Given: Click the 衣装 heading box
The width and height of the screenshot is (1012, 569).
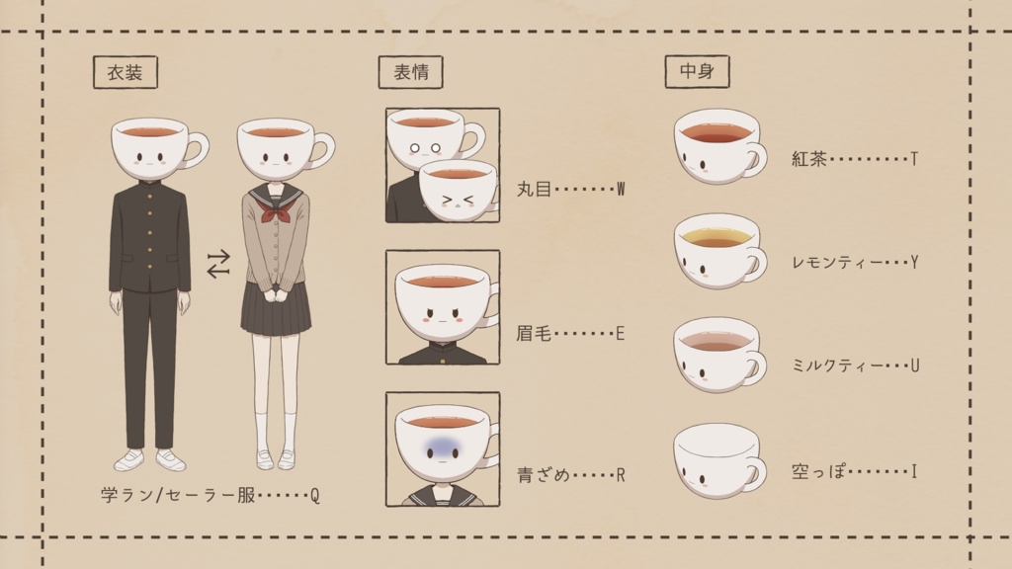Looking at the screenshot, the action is (126, 71).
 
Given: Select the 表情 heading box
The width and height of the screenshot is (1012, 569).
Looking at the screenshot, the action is (410, 71).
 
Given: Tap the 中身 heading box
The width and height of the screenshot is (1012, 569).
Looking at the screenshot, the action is (697, 71).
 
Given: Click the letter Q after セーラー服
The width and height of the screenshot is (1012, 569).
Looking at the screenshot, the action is (315, 496).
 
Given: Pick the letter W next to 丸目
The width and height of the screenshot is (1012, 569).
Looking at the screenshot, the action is (621, 189).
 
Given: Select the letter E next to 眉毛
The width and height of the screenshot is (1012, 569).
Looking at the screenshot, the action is (621, 334).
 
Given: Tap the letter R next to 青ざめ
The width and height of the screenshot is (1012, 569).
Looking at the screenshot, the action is (621, 475).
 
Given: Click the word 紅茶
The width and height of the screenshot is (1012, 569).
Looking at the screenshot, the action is (809, 159).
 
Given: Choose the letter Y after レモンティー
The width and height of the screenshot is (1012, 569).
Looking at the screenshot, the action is (914, 262).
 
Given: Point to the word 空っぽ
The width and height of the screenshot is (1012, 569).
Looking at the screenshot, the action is (818, 471).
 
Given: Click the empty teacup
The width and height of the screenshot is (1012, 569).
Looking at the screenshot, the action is (719, 460).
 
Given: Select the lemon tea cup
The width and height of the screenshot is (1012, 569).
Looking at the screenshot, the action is (719, 250).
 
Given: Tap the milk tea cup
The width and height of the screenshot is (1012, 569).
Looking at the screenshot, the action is (719, 355).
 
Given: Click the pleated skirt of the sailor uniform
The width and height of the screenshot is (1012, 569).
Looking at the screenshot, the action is (276, 309).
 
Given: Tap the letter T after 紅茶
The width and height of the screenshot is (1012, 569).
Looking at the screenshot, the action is (914, 159).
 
